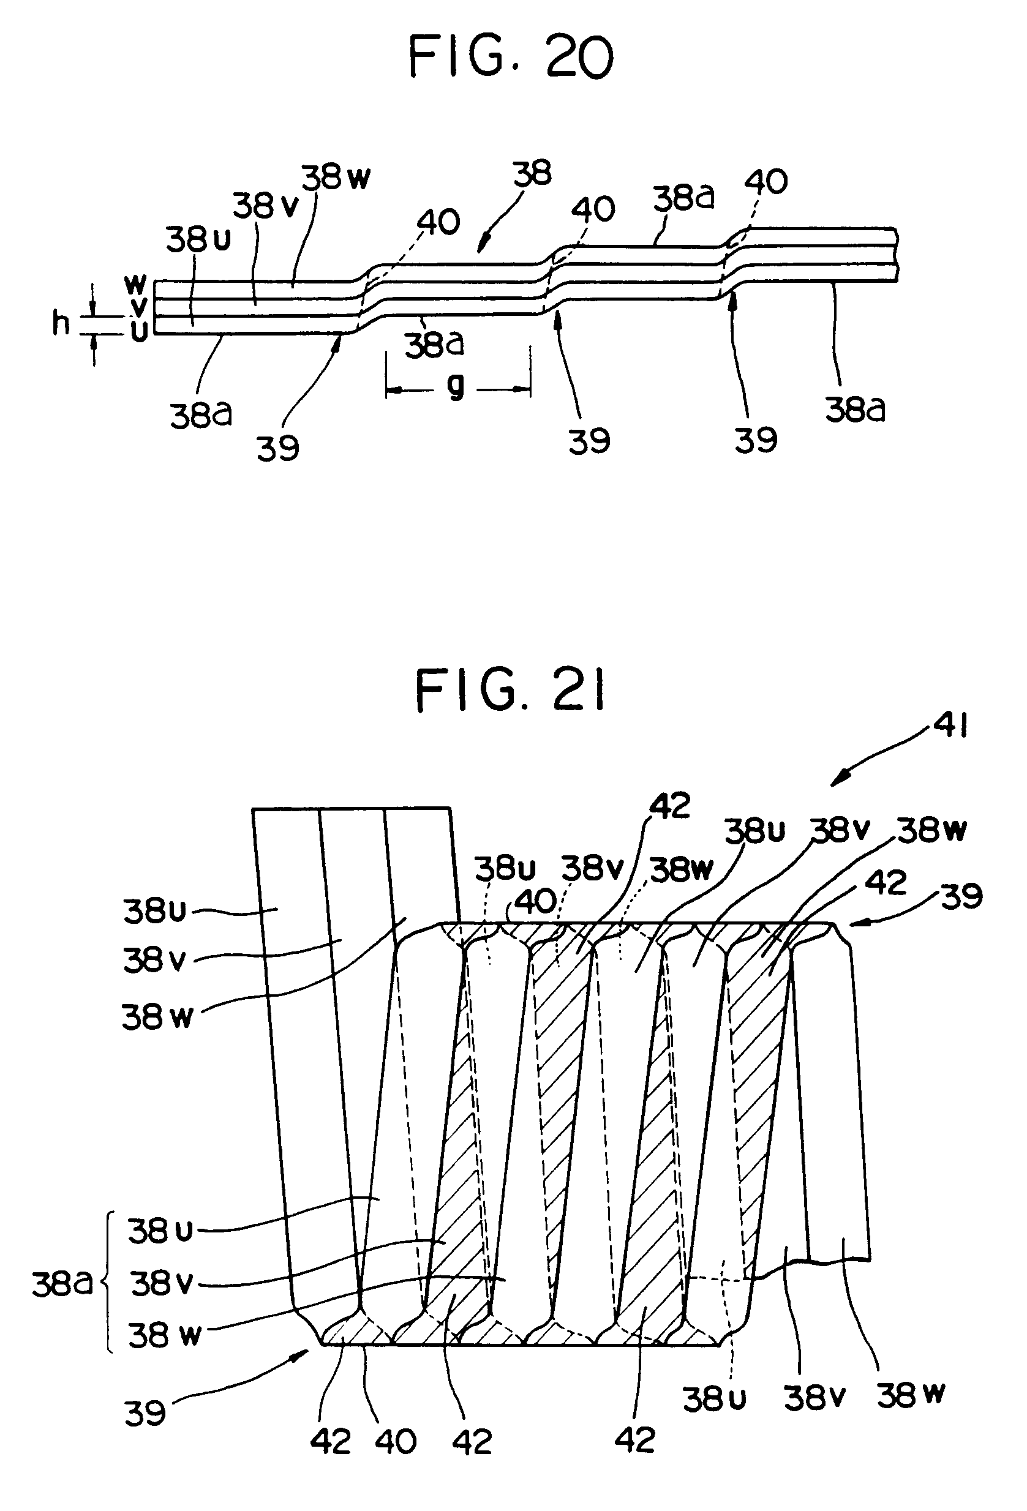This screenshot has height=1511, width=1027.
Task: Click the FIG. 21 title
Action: (511, 692)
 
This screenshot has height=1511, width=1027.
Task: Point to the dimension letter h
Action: (61, 323)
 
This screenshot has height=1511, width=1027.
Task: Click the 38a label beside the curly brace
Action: (62, 1284)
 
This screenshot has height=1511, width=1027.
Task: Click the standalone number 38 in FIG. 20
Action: (532, 174)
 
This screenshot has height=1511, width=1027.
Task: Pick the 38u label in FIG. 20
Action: (198, 240)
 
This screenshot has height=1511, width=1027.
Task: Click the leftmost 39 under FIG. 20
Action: (278, 448)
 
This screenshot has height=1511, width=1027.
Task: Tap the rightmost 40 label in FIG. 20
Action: (766, 181)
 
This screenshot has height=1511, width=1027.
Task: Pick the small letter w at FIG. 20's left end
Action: (135, 283)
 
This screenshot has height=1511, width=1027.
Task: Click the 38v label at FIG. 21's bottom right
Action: (814, 1397)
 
